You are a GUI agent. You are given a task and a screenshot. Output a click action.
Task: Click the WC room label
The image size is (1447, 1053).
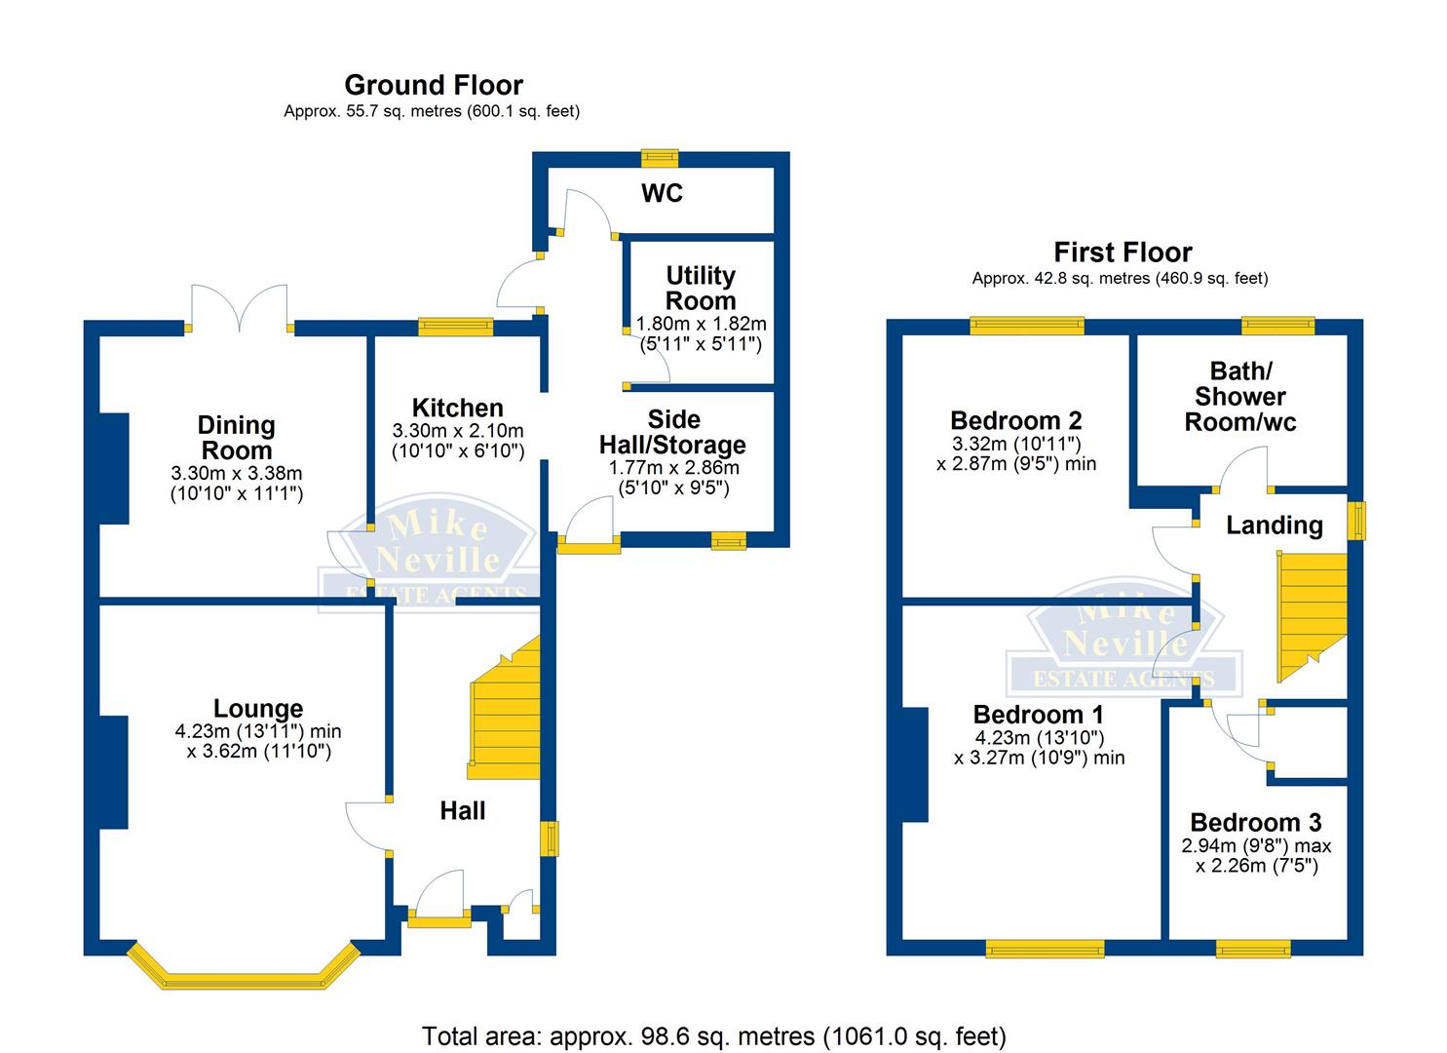coord(662,193)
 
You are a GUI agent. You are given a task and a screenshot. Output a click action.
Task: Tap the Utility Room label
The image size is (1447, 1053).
coord(701,288)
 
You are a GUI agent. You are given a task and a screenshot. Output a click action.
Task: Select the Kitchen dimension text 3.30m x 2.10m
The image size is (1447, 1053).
coord(458,430)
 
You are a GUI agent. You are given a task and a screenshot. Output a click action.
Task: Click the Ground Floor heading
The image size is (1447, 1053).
coord(434,85)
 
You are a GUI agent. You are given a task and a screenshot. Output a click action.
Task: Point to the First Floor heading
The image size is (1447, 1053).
coord(1123,253)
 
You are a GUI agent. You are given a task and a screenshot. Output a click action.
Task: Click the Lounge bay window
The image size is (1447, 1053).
coord(243,971)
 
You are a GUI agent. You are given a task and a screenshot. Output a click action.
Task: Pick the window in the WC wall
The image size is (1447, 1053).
coord(660,157)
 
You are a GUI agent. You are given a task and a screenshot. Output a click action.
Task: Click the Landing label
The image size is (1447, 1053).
coord(1274,526)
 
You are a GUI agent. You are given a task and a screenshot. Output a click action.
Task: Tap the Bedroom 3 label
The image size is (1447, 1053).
coord(1255,822)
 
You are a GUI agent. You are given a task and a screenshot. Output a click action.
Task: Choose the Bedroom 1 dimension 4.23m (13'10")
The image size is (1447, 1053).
coord(1039,737)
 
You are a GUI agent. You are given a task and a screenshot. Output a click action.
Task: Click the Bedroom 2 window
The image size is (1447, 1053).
coord(1026,325)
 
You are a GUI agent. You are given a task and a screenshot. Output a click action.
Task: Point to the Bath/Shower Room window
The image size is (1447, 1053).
coord(1277,325)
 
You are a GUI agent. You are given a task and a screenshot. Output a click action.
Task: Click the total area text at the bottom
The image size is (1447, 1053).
coord(713,1034)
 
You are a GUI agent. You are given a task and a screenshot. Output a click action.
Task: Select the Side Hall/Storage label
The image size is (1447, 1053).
coord(672,432)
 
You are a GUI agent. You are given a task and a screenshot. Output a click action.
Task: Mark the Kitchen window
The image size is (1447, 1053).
coord(455,328)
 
